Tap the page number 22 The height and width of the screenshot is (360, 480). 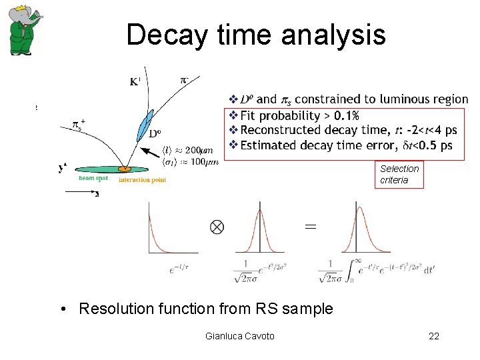(x=434, y=336)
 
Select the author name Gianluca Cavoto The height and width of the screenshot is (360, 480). (x=240, y=336)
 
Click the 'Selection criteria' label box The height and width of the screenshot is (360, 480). (x=399, y=175)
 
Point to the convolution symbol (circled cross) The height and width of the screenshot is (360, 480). (x=217, y=227)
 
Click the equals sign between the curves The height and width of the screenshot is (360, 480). (x=310, y=227)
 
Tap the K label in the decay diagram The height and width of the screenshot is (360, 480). (x=134, y=83)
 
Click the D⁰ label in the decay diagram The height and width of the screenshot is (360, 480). (x=154, y=133)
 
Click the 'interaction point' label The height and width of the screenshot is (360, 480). (x=142, y=179)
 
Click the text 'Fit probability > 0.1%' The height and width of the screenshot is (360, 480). (x=299, y=115)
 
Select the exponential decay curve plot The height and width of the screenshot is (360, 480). (x=173, y=230)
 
